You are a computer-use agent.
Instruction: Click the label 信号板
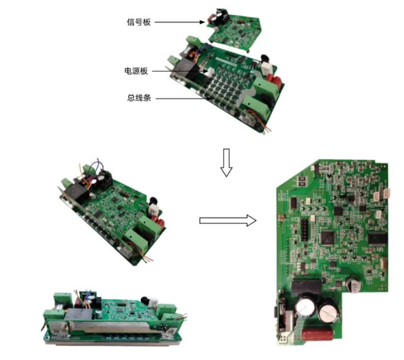[139, 22]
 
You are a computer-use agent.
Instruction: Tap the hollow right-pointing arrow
[227, 221]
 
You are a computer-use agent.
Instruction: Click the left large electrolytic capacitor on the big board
[305, 309]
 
